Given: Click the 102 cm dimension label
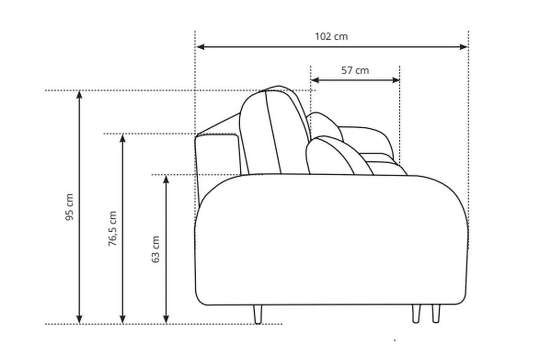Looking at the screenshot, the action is (x=331, y=36).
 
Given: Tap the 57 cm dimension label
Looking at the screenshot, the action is (x=355, y=71).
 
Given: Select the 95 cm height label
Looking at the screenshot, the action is (x=69, y=207).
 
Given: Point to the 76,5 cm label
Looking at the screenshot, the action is (x=112, y=229).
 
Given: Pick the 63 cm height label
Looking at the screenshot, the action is (x=156, y=249).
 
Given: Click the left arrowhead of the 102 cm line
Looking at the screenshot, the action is (x=201, y=47).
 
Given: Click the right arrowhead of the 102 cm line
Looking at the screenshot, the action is (x=463, y=47).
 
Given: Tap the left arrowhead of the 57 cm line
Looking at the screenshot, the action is (x=315, y=80).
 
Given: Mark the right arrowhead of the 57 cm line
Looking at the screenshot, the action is (x=396, y=80).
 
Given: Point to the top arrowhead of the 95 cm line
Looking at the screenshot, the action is (x=79, y=95).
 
